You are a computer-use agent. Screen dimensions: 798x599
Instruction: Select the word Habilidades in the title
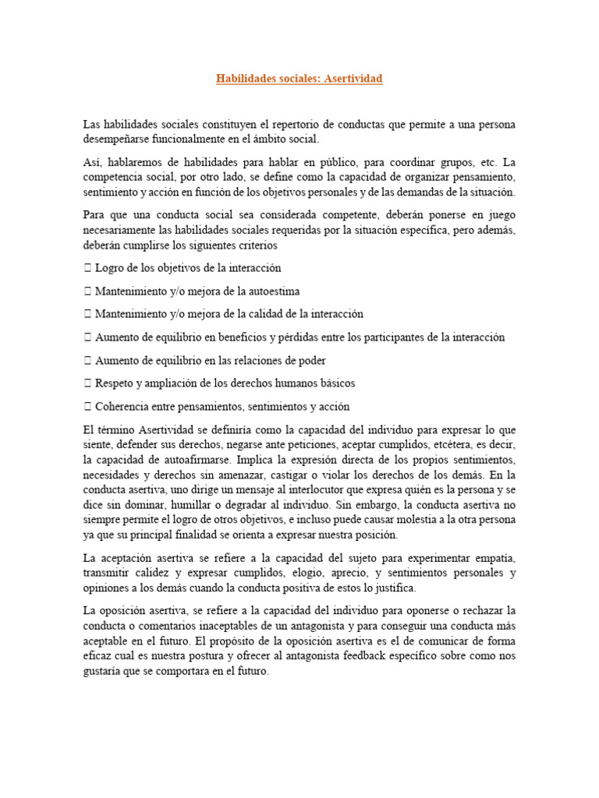pos(248,79)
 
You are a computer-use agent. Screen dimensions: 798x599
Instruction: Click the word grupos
pos(455,162)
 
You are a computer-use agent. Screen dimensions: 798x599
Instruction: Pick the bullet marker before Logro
pos(87,268)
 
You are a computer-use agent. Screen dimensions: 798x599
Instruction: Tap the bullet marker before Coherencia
pos(87,406)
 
